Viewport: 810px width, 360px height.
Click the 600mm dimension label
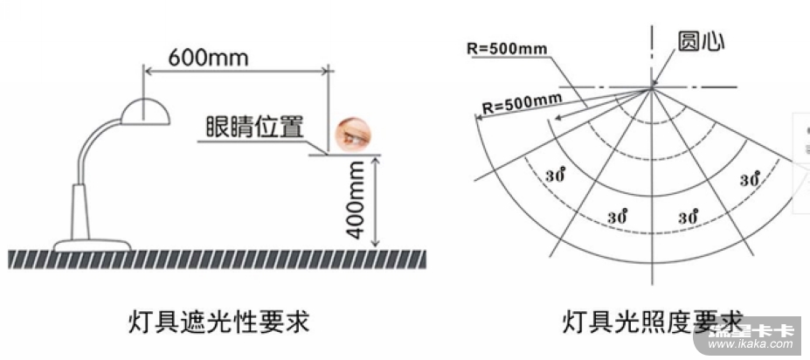208,58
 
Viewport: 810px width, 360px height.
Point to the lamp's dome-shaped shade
143,111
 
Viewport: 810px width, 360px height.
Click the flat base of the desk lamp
92,244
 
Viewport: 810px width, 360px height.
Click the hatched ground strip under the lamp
218,258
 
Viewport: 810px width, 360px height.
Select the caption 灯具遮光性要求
219,322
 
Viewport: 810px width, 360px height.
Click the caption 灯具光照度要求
652,322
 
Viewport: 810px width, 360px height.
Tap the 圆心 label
700,42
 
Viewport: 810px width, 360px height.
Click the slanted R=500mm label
522,102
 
